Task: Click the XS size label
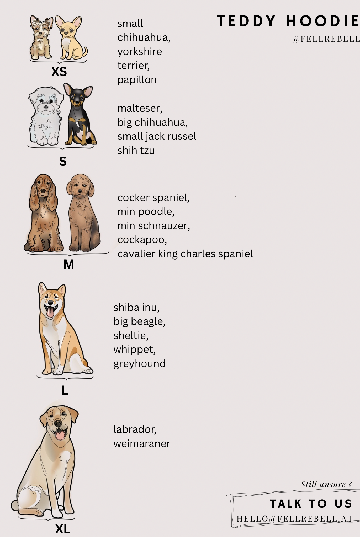coord(59,71)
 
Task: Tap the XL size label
coord(63,529)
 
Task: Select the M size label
coord(69,264)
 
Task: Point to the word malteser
coord(140,108)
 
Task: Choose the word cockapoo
coord(142,240)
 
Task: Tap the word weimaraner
coord(142,443)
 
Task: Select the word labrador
coord(135,429)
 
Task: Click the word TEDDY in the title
coord(246,21)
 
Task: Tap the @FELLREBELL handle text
coord(326,39)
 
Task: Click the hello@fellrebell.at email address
coord(295,519)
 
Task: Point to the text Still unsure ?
coord(326,484)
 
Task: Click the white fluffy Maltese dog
coord(46,116)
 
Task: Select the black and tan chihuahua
coord(80,114)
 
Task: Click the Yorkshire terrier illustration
coord(41,37)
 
